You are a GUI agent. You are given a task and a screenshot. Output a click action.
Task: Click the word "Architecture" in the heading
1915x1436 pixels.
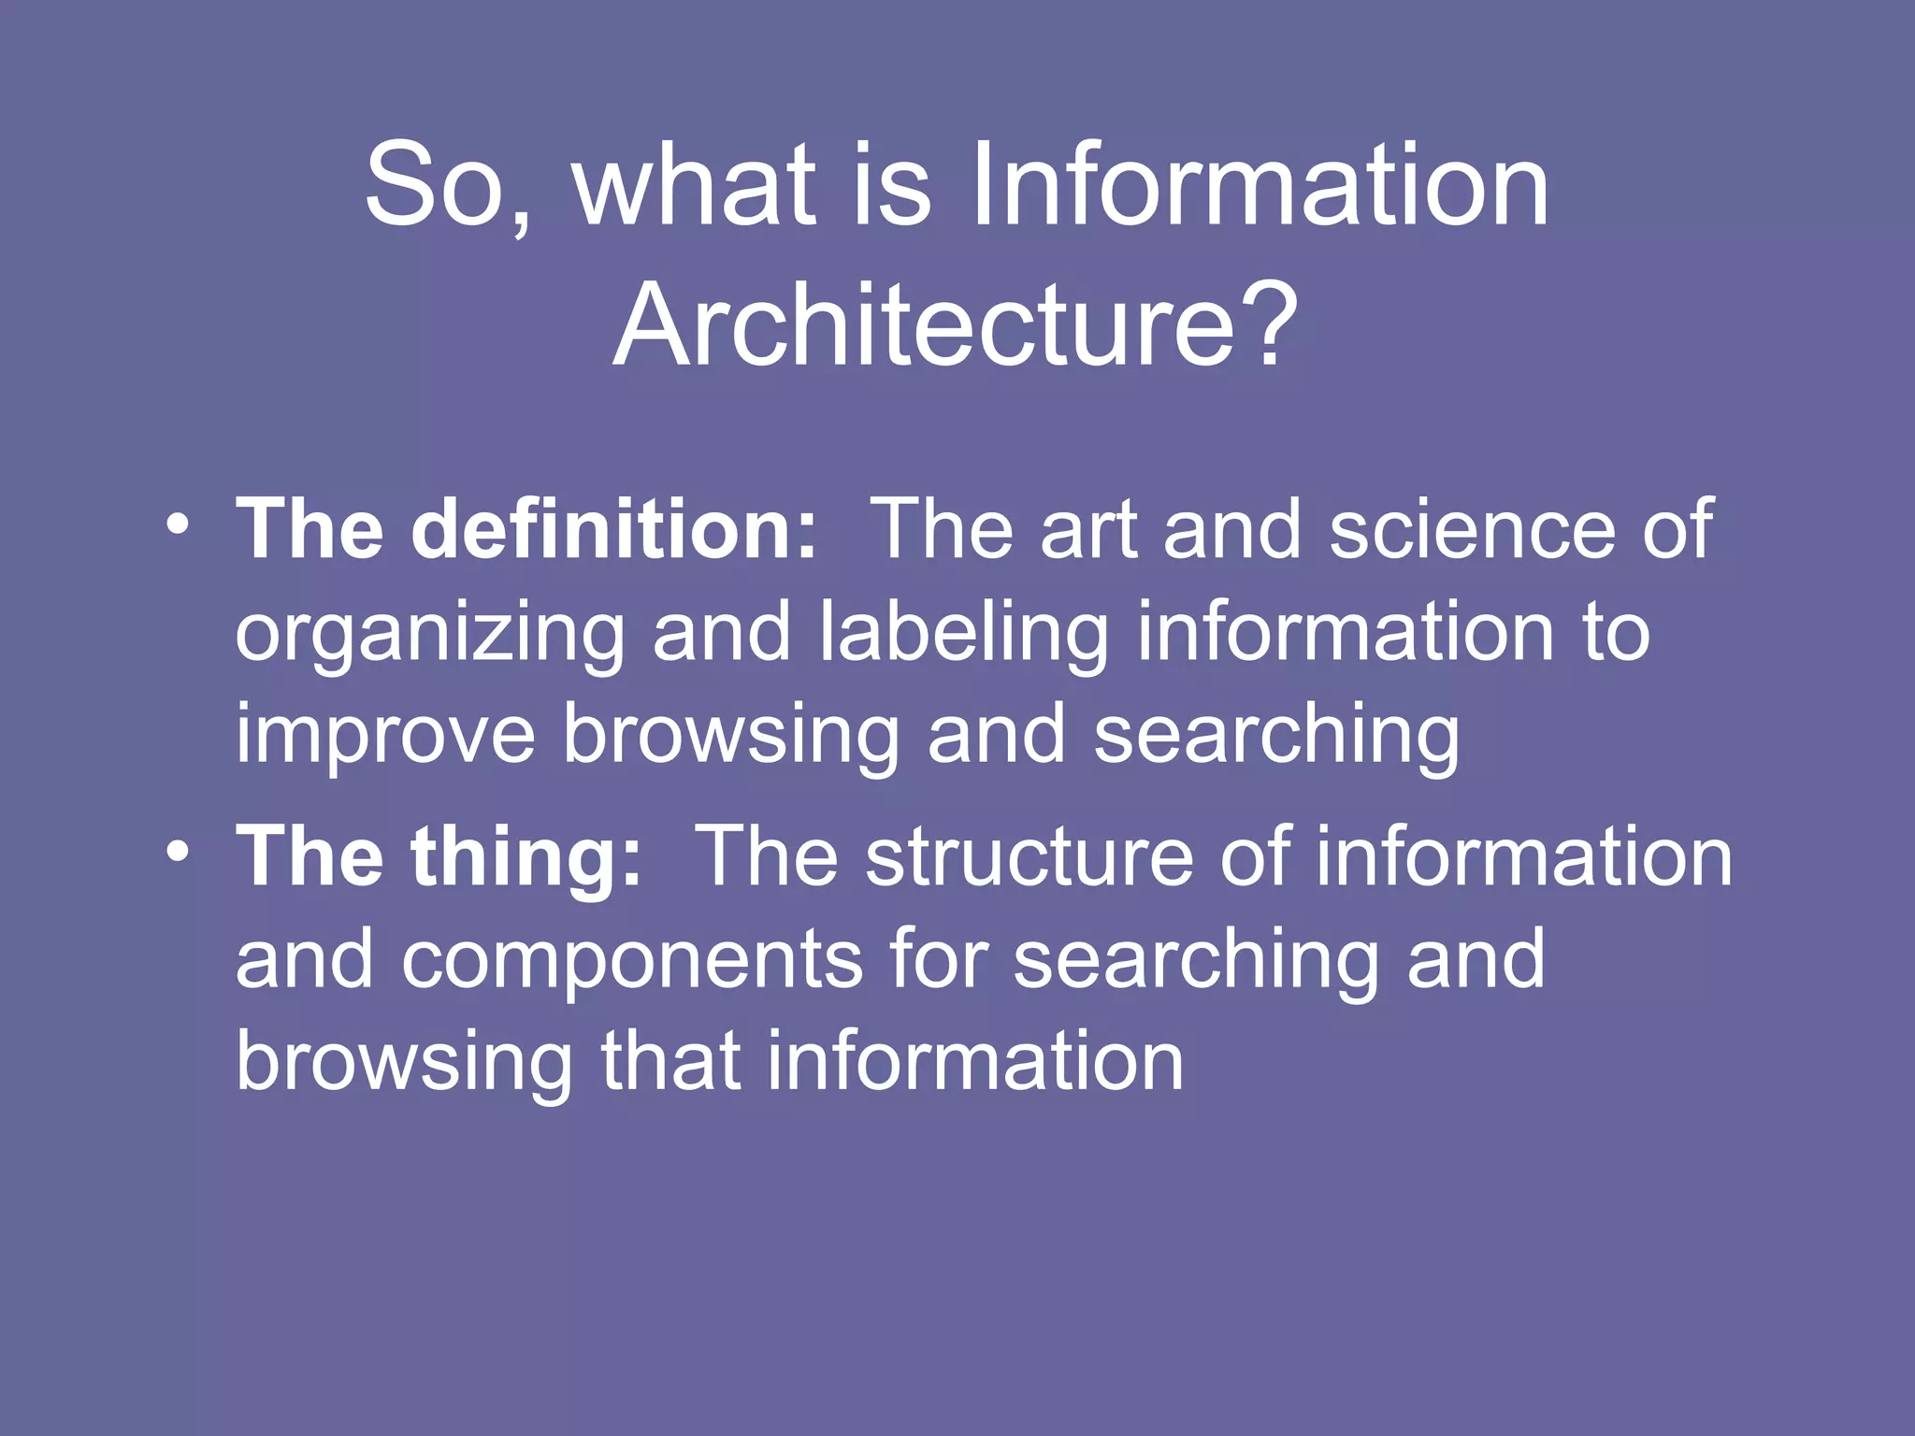pos(926,325)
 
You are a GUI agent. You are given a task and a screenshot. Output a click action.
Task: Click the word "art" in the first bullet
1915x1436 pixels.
pos(1088,529)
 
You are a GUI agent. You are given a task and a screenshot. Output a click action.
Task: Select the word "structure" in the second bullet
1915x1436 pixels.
pos(1029,856)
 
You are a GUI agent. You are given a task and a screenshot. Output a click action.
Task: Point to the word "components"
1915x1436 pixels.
pos(632,961)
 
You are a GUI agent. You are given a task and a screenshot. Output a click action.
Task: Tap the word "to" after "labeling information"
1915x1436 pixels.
pos(1616,633)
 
